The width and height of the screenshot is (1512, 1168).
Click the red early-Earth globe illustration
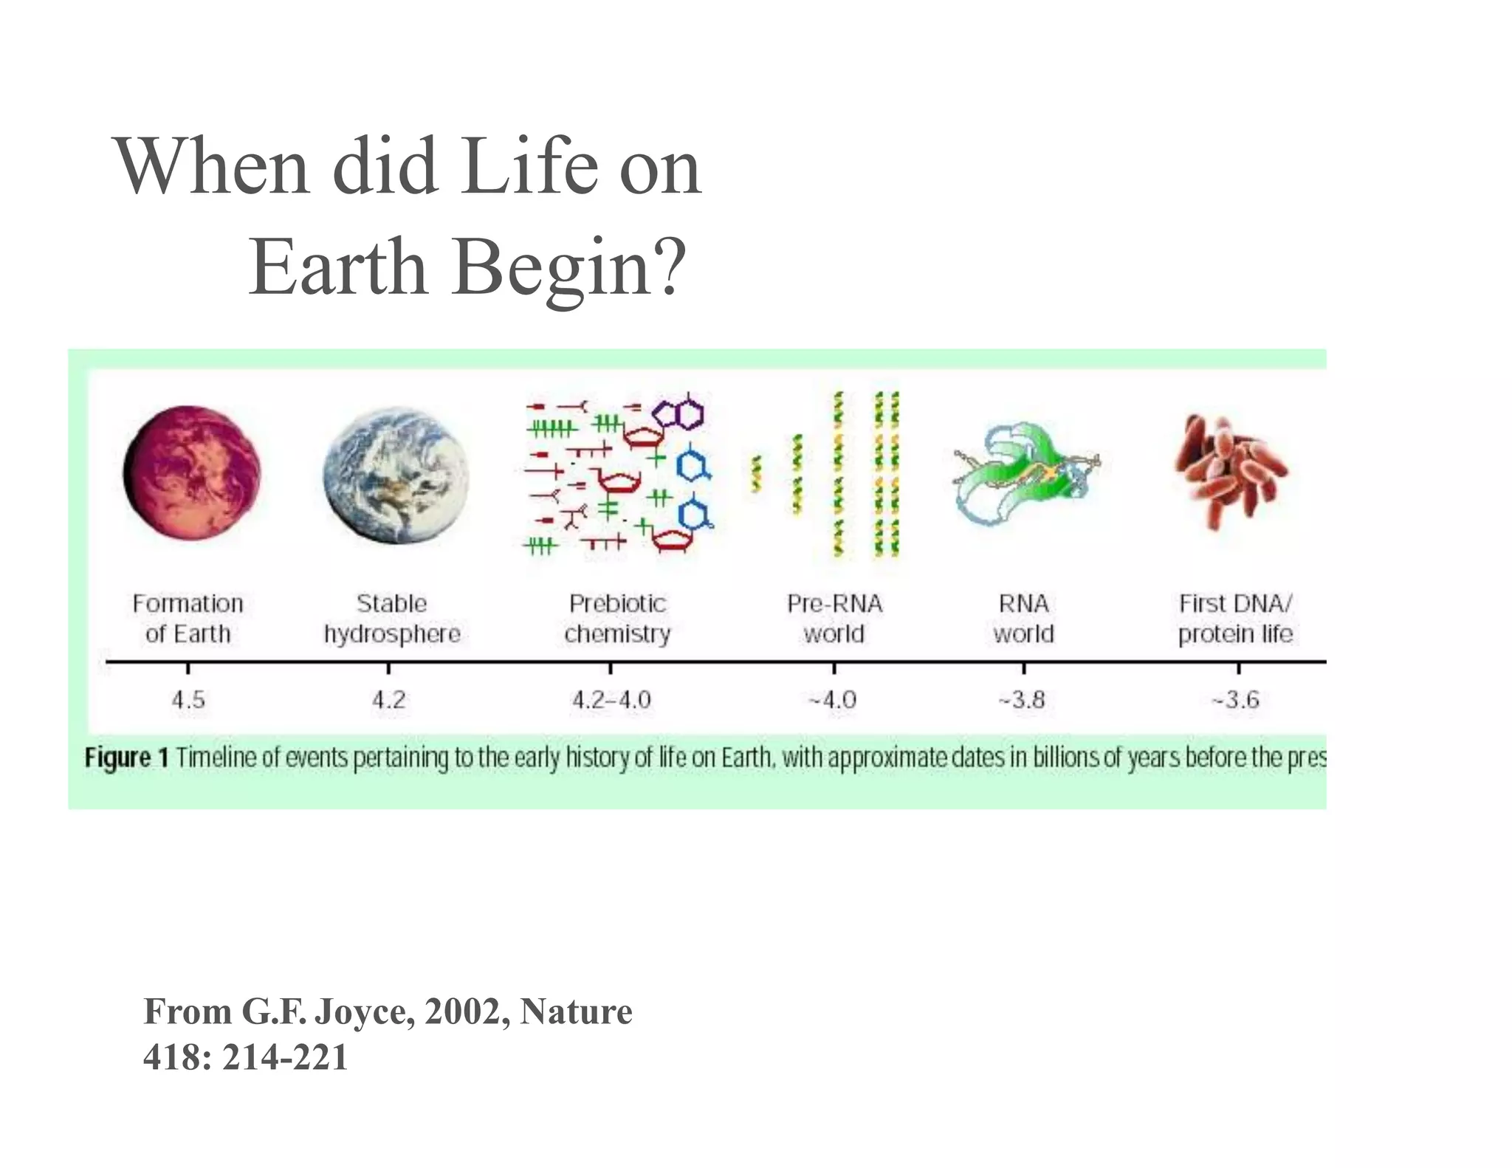pos(192,473)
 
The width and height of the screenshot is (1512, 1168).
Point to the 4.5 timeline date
pos(188,699)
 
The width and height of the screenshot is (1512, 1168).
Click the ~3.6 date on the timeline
pos(1237,699)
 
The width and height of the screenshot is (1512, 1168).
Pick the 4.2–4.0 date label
pos(611,699)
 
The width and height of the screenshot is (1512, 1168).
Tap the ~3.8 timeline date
pos(1023,699)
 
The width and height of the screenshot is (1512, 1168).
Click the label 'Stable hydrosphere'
pos(392,618)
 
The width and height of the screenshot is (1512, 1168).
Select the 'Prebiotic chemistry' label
pos(617,618)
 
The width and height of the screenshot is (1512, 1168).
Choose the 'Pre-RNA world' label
pos(834,618)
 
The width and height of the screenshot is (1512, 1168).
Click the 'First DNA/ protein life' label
pos(1235,618)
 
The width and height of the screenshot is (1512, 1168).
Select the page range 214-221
pos(285,1057)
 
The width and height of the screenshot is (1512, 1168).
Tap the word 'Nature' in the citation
pos(576,1011)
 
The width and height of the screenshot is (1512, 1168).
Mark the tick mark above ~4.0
pos(834,668)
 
